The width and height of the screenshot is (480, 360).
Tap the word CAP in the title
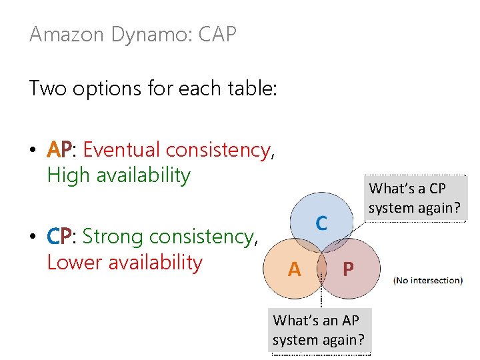[x=217, y=35]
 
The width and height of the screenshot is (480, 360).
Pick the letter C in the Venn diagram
[x=321, y=223]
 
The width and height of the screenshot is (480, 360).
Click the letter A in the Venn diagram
[x=293, y=269]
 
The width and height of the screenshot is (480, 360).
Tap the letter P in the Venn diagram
[x=348, y=269]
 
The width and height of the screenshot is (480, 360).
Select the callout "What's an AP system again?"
[x=319, y=330]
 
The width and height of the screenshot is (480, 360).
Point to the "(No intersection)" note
[x=428, y=280]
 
